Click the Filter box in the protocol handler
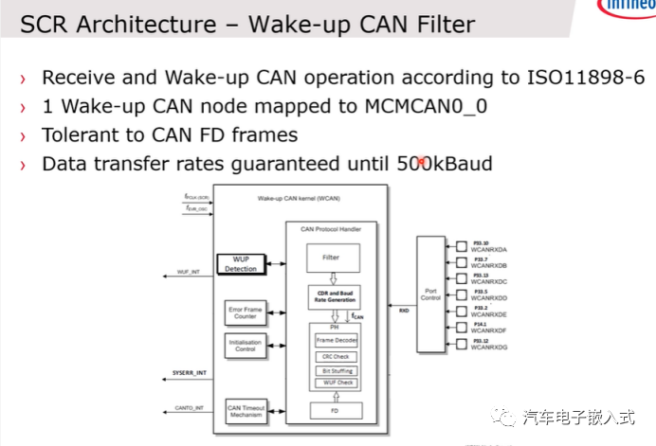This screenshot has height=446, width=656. pos(330,257)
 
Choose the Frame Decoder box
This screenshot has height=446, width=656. pos(336,339)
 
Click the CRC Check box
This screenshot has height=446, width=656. pos(335,357)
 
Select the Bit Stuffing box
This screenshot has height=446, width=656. pos(335,370)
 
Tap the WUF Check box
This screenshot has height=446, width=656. pos(335,383)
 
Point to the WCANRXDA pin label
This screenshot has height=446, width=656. pos(487,248)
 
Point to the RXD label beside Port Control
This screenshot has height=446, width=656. pos(404,309)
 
